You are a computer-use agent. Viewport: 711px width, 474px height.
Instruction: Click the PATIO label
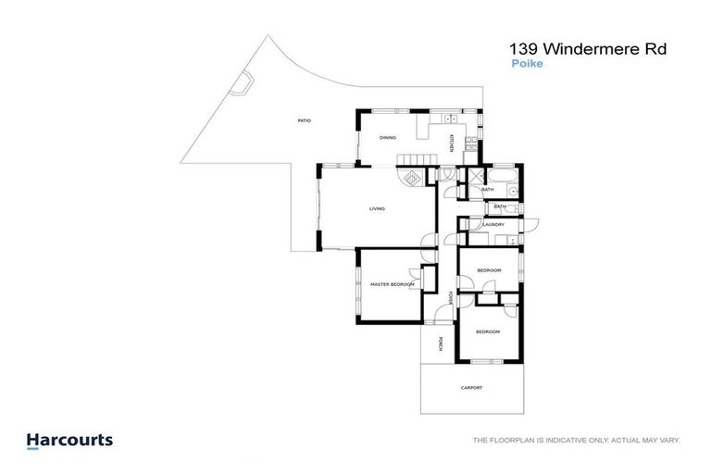(x=304, y=121)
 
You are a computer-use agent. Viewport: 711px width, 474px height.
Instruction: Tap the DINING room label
(x=388, y=138)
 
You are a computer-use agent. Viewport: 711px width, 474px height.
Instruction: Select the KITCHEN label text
(x=451, y=143)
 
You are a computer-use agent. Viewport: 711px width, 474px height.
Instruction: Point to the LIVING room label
(x=377, y=209)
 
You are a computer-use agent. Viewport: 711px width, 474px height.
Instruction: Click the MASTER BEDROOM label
(x=392, y=284)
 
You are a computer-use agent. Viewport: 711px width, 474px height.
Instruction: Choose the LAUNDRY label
(x=493, y=224)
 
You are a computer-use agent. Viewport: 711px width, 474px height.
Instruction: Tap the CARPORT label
(x=471, y=388)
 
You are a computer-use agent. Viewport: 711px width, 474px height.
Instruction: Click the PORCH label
(x=441, y=343)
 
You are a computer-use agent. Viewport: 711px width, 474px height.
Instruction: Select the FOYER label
(x=451, y=298)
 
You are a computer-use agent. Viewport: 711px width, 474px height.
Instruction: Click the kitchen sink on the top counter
(x=451, y=118)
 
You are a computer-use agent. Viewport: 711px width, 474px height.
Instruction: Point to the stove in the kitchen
(x=471, y=143)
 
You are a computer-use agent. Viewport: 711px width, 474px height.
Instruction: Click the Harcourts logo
(x=69, y=441)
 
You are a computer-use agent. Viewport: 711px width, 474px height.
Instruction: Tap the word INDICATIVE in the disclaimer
(x=548, y=441)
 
